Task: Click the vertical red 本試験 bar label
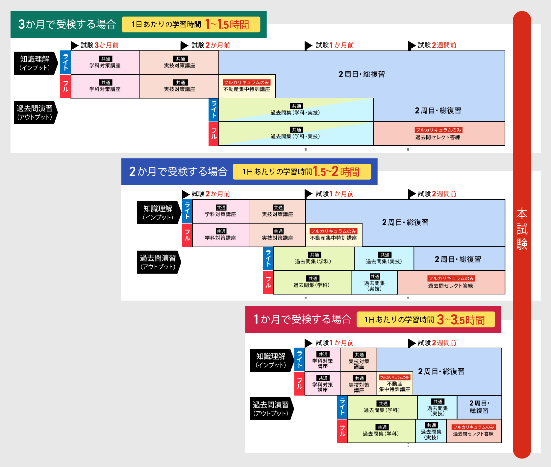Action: click(522, 229)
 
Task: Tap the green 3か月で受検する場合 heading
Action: click(67, 24)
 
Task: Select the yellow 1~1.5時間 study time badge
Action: click(191, 25)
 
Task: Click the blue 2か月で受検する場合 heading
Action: click(178, 172)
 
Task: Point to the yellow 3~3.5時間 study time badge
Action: click(425, 320)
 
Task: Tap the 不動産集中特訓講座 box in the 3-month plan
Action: click(247, 86)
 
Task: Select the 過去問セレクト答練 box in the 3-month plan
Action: click(439, 134)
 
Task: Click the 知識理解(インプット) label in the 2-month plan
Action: click(158, 212)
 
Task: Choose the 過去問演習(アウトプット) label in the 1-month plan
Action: click(271, 409)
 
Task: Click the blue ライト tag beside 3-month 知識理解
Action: click(65, 62)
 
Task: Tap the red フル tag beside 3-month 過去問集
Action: click(214, 134)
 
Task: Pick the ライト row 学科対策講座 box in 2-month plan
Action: click(220, 211)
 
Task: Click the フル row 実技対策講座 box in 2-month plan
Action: click(277, 235)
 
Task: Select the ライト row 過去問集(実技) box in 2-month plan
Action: click(384, 258)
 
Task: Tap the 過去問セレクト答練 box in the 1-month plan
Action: click(474, 431)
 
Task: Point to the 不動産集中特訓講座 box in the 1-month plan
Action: click(395, 383)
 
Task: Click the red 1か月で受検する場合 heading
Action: click(302, 319)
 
